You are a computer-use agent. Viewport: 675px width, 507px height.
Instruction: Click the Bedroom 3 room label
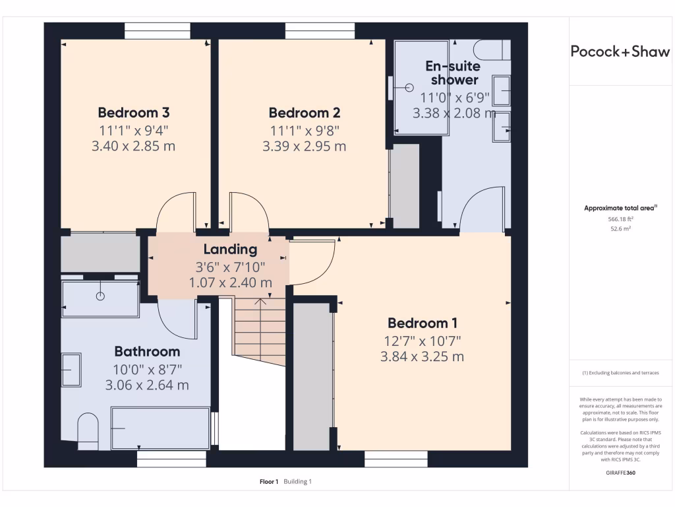[x=133, y=112]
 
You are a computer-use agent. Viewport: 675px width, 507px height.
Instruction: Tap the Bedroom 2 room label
[x=305, y=112]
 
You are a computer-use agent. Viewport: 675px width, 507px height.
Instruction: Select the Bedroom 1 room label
[x=423, y=323]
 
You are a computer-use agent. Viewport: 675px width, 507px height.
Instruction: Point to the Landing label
[x=230, y=249]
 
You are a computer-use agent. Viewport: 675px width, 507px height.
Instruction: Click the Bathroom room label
[x=147, y=351]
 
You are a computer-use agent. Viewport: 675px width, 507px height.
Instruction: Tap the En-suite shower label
[x=454, y=73]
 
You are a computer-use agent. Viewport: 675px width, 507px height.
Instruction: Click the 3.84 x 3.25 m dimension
[x=423, y=356]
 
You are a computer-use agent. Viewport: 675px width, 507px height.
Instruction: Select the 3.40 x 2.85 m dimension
[x=133, y=146]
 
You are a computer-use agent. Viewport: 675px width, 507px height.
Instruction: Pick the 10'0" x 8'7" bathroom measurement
[x=147, y=370]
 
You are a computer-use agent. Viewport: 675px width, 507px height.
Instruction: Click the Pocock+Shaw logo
[x=620, y=51]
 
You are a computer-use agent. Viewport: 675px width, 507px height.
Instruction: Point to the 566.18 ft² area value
[x=620, y=219]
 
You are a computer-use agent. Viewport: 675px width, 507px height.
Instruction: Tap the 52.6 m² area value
[x=620, y=228]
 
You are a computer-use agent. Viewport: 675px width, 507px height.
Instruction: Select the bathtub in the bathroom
[x=160, y=428]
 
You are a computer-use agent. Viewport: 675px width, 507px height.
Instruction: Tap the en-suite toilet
[x=492, y=50]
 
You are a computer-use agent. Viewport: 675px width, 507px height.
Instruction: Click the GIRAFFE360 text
[x=620, y=473]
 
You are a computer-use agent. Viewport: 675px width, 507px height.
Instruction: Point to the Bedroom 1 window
[x=396, y=459]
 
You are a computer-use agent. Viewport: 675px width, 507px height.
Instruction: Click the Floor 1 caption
[x=269, y=481]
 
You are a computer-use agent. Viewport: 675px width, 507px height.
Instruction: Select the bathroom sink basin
[x=71, y=370]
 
